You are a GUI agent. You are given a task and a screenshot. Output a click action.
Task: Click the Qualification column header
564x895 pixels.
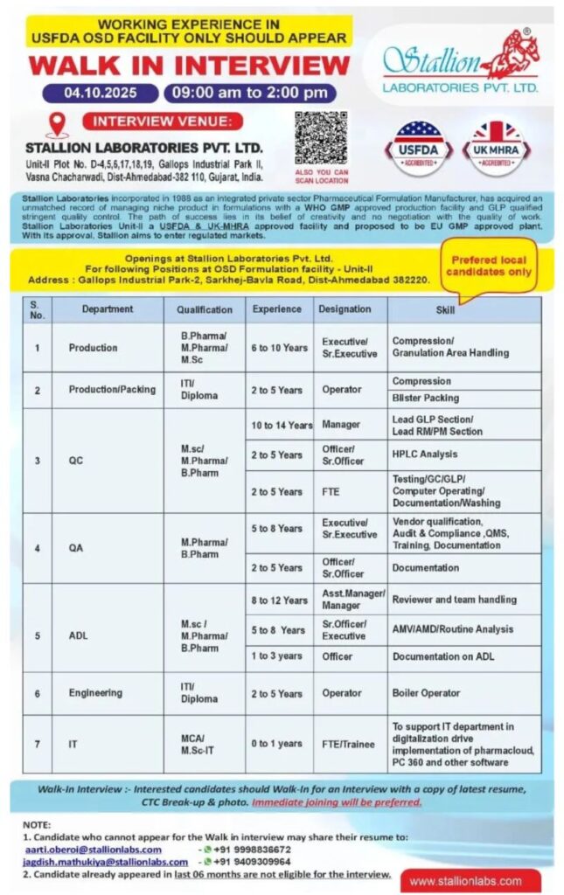(205, 309)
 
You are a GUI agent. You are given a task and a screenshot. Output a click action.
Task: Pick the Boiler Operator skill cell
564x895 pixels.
(426, 693)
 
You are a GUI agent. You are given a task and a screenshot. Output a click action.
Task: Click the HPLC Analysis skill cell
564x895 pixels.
(425, 454)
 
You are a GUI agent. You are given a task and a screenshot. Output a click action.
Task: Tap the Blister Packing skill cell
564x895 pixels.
(426, 398)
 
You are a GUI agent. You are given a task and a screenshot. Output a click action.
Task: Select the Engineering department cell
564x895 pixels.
(96, 693)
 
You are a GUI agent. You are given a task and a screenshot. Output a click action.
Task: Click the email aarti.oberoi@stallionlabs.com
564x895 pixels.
(92, 850)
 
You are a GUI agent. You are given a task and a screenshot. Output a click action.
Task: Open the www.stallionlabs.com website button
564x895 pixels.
(465, 881)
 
